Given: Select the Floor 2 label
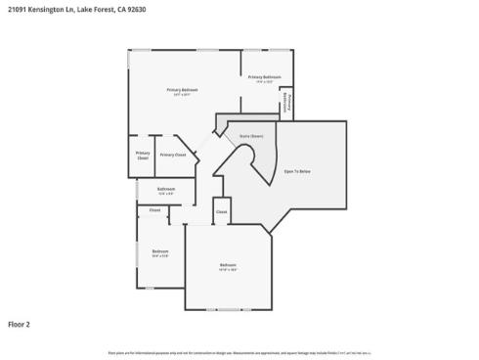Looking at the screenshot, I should pos(20,323).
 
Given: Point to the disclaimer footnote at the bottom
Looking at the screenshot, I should pos(239,352).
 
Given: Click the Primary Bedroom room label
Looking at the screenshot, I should pos(184,90).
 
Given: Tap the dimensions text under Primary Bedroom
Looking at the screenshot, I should pos(184,95).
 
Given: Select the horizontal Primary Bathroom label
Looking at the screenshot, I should pos(264,76).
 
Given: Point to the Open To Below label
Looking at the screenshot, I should pos(297,171).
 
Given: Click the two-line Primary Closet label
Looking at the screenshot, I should pos(143,155).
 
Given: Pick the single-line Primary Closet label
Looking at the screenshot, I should pos(173,155).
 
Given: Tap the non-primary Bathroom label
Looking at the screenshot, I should pos(166,189).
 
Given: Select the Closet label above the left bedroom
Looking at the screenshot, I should pos(154,210).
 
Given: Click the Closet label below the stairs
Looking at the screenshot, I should pos(222,211).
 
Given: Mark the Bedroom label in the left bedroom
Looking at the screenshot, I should pos(160,251).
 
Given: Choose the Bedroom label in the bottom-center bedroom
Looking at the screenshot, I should pos(227,265).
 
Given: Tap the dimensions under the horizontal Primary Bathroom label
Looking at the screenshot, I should pos(264,81).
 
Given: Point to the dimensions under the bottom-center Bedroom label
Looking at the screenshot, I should pos(227,270).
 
